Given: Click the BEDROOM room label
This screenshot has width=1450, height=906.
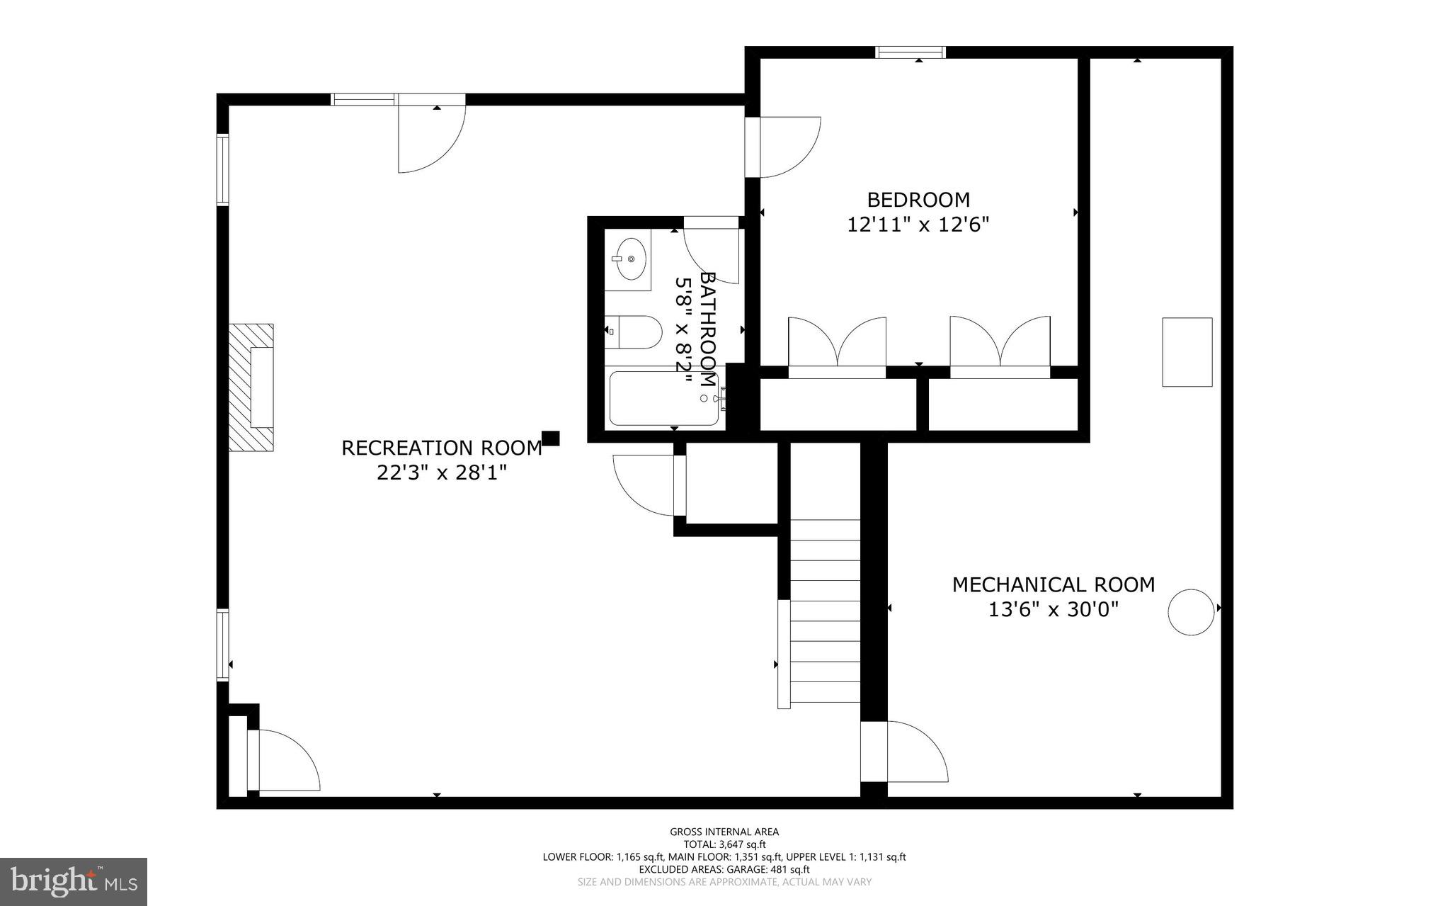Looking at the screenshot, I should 918,200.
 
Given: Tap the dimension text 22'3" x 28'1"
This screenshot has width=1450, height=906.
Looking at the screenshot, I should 442,472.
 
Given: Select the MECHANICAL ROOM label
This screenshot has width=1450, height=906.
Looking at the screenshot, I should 1053,584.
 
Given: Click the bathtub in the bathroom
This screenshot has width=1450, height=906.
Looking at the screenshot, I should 663,399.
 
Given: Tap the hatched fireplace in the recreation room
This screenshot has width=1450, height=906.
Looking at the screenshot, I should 251,387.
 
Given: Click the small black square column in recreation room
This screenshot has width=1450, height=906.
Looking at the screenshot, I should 551,438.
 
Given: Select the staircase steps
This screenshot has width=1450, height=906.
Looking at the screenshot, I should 825,609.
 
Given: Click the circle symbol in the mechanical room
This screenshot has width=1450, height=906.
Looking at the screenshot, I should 1191,611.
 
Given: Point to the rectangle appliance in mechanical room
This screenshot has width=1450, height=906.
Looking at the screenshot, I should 1187,352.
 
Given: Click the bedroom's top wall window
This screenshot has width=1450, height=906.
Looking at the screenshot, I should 910,52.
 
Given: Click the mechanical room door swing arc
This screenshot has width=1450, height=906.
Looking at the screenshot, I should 917,752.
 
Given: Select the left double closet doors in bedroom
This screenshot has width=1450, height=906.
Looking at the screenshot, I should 837,344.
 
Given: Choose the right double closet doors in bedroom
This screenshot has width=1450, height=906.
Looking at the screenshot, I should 1000,344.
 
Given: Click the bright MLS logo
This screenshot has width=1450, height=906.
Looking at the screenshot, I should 74,881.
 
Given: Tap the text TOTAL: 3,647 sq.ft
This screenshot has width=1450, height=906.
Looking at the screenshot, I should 724,844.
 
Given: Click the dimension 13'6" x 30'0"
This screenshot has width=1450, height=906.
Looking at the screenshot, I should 1053,609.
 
